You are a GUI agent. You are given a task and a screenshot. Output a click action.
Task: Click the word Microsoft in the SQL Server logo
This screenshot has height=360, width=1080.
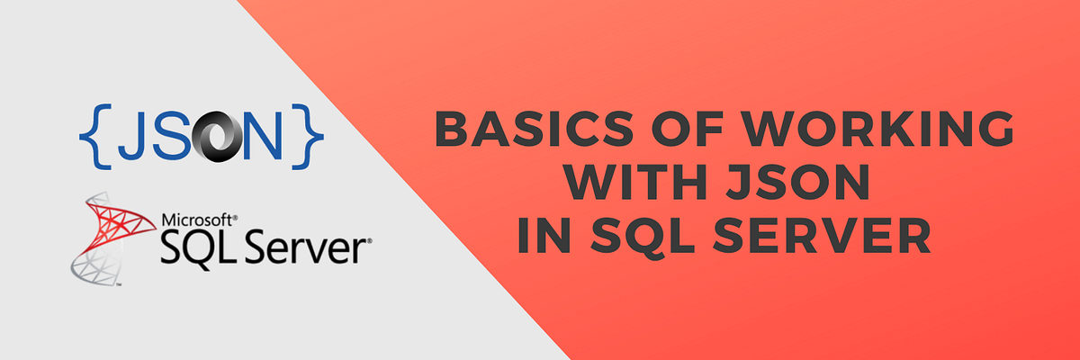point(197,219)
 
